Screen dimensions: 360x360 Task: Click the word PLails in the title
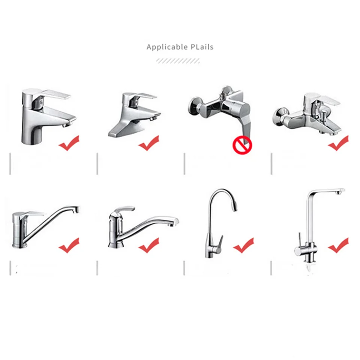point(201,47)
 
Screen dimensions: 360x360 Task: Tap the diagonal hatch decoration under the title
point(178,61)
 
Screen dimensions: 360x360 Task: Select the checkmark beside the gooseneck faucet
point(243,246)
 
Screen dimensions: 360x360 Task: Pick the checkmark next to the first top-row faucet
point(69,144)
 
